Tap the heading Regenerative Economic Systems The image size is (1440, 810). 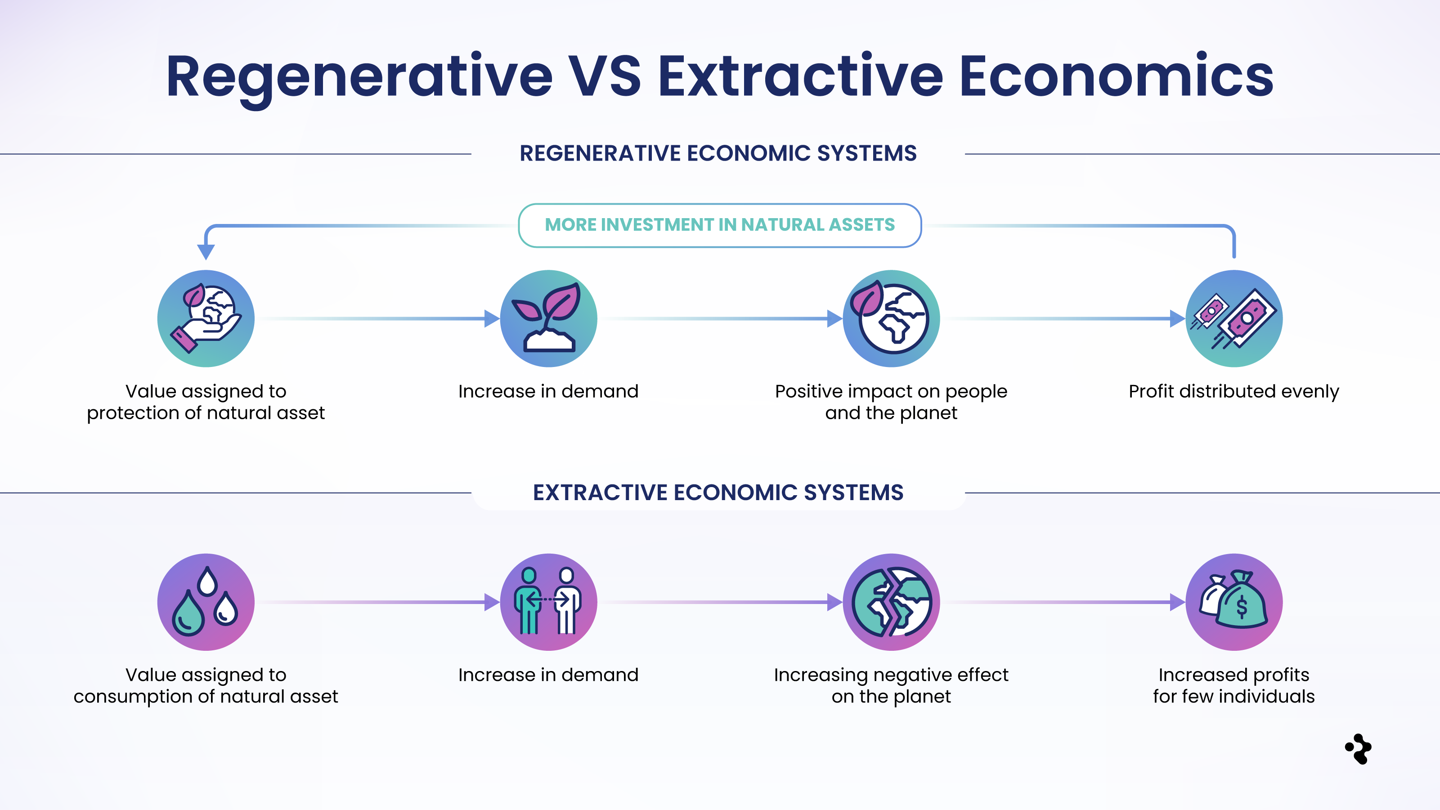718,153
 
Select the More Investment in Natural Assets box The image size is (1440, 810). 719,225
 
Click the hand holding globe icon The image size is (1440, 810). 206,318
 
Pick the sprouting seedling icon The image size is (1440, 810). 548,318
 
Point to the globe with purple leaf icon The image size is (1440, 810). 891,318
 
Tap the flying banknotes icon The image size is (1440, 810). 1234,318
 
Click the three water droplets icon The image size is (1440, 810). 206,602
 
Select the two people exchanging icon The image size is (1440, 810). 548,602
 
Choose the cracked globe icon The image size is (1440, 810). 891,602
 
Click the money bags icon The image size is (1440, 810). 1234,602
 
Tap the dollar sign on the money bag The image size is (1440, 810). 1242,607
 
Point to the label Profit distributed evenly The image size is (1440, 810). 1234,391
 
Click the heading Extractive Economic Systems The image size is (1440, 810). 718,492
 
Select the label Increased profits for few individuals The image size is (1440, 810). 1234,685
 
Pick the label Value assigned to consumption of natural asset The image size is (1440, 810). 206,685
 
